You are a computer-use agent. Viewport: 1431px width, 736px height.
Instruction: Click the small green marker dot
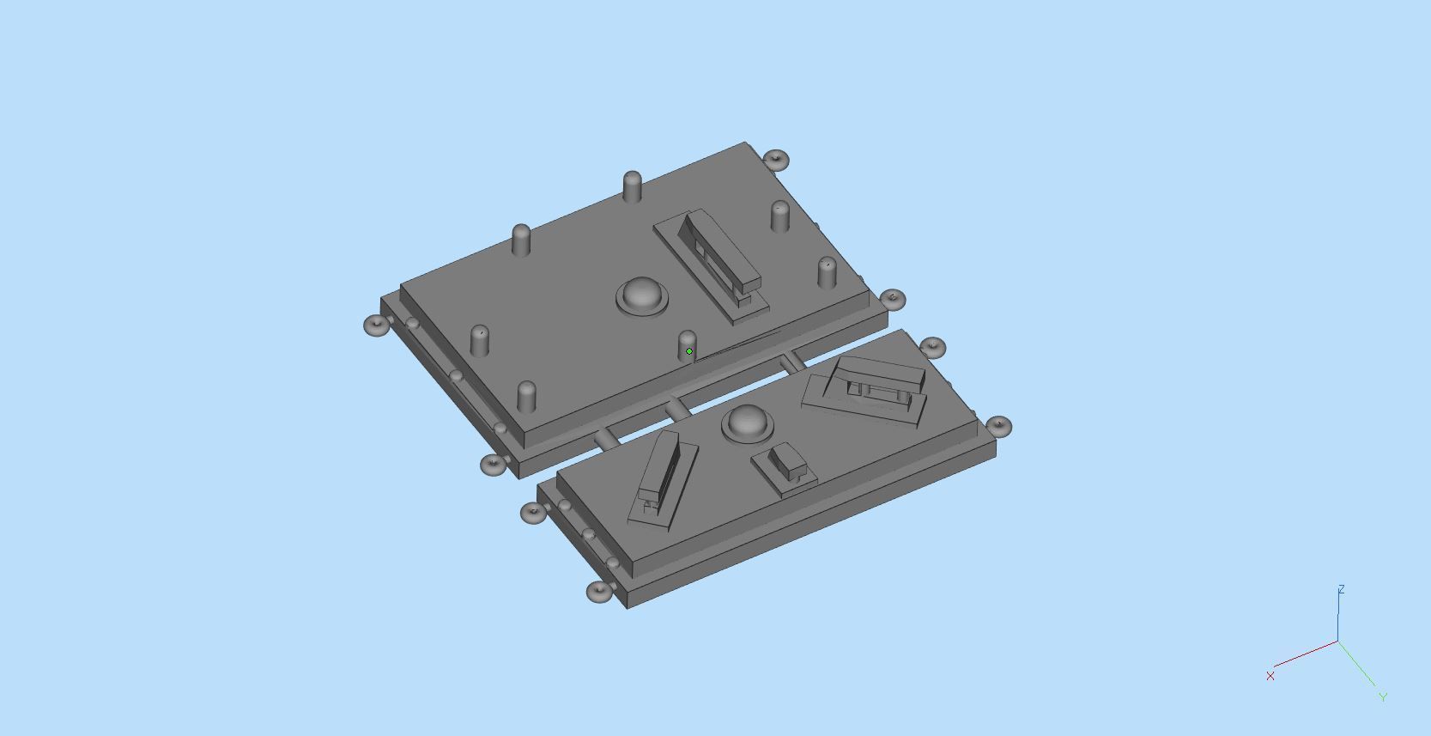click(x=689, y=351)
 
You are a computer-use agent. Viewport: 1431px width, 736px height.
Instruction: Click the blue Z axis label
click(x=1341, y=589)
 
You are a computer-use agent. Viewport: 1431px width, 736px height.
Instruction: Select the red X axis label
click(x=1270, y=676)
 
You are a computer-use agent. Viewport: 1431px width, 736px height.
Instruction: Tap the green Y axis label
click(x=1383, y=697)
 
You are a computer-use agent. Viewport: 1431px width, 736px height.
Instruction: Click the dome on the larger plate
click(x=642, y=295)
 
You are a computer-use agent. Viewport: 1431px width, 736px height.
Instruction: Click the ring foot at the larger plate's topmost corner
click(x=775, y=159)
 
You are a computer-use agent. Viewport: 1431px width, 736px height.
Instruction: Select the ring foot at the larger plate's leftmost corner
click(x=377, y=325)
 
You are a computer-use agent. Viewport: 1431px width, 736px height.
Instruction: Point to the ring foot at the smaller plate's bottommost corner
click(x=600, y=592)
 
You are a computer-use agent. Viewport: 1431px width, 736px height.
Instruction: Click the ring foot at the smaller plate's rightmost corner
click(x=998, y=425)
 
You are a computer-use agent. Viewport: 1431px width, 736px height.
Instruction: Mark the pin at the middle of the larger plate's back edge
click(x=632, y=186)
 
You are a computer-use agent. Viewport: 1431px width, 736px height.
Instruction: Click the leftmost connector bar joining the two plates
click(x=604, y=439)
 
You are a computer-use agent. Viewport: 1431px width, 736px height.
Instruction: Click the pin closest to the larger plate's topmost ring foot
click(x=779, y=216)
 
